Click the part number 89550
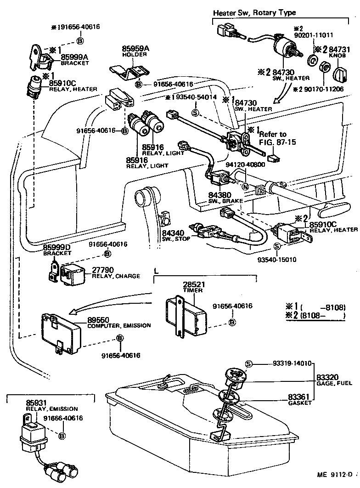(96, 319)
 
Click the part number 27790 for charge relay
(102, 270)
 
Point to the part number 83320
(328, 377)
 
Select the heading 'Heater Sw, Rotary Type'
(254, 12)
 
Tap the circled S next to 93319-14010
(248, 363)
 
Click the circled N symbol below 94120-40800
(245, 187)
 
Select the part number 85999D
(56, 247)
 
